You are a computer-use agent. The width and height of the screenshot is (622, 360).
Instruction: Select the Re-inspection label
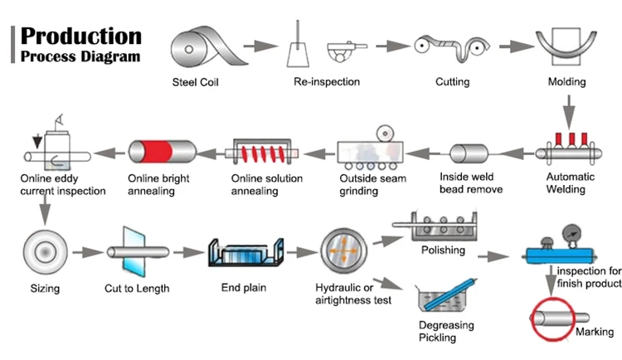327,82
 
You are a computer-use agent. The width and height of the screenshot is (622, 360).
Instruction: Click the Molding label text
567,82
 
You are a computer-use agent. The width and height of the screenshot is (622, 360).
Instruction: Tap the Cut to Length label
138,289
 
